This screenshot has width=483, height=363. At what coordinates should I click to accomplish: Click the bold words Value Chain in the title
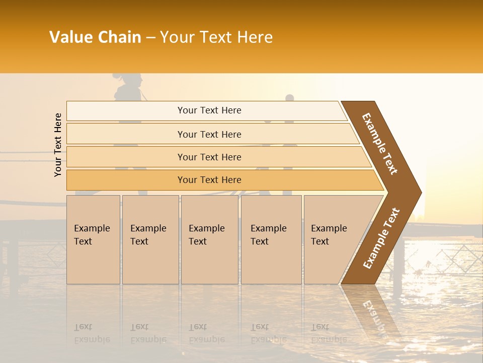click(95, 37)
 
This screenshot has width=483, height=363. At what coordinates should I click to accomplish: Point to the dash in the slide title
click(150, 38)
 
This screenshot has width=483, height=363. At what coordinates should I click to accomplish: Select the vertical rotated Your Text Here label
click(58, 145)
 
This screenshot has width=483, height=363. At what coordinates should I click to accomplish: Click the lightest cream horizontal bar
click(209, 110)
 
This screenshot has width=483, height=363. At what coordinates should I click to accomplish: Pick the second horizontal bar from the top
click(209, 134)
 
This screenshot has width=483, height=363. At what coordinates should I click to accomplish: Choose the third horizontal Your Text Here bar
click(209, 157)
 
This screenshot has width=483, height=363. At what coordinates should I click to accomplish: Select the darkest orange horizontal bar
click(209, 180)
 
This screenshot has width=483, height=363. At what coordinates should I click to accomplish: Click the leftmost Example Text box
click(93, 239)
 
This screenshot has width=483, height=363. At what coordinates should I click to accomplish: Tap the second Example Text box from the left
click(150, 239)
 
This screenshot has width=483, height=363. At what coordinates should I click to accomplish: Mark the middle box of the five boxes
click(209, 239)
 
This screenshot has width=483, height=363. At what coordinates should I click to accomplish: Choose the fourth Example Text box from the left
click(271, 239)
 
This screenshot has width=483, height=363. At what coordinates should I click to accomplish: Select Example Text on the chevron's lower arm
click(381, 238)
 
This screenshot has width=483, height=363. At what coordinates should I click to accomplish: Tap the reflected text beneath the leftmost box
click(92, 333)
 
